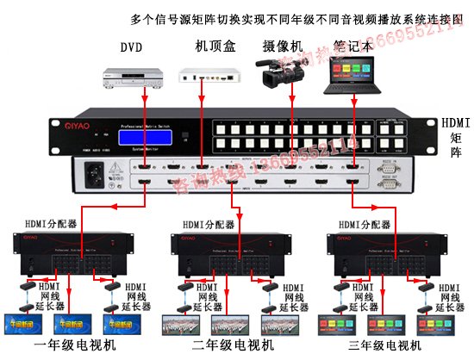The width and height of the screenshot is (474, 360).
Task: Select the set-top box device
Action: (208, 77)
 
